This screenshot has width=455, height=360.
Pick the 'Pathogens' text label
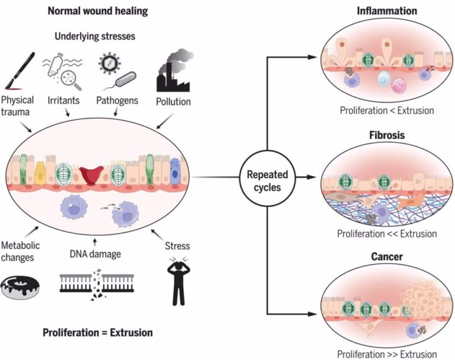[117, 101]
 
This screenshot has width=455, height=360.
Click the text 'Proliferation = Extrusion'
[97, 332]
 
